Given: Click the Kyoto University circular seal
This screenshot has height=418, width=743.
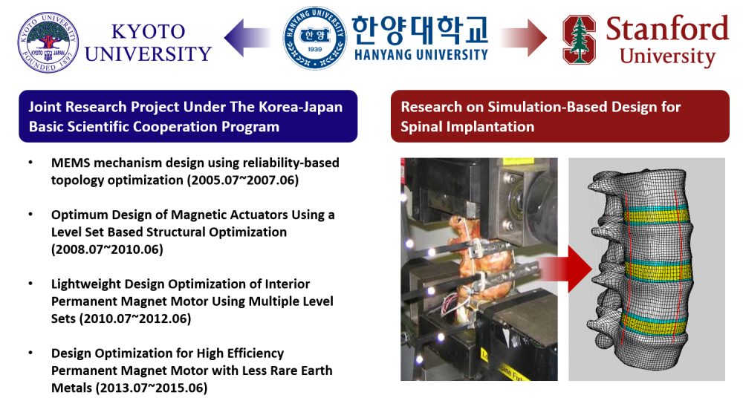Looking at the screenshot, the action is coord(48,42).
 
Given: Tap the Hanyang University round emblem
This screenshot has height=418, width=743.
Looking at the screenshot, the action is coord(314,38).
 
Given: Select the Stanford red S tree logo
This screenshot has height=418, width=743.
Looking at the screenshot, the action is coord(579,39).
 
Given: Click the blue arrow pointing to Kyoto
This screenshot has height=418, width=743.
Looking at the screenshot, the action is coord(247,38).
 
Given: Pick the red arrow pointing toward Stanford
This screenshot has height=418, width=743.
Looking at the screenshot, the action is coord(523,38).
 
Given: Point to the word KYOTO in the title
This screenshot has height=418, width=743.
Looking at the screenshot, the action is coord(148,32).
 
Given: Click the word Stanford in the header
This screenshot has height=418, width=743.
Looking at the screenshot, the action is coord(667,28).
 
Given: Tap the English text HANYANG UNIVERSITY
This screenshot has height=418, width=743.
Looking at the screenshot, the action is coord(421,55).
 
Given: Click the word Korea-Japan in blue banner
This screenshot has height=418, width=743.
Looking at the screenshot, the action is coord(300,107).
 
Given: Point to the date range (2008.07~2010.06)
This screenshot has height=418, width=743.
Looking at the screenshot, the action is coord(107,249).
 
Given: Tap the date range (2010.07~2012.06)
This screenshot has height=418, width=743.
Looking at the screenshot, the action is coord(135,319).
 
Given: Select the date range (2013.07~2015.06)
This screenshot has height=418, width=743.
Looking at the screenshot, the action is coord(152,388).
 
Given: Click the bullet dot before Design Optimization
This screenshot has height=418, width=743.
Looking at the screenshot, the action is coord(30,353).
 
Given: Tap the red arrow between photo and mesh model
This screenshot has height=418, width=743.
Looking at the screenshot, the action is coord(565,269).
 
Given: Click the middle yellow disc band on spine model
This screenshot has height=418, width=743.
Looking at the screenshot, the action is coord(658,271).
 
